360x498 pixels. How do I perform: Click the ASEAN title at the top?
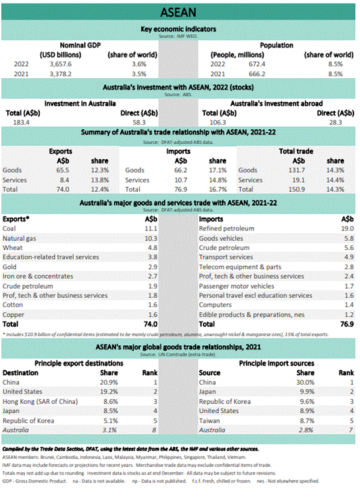pos(179,12)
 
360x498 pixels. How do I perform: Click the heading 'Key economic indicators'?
pos(178,28)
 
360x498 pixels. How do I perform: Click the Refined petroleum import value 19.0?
pos(346,229)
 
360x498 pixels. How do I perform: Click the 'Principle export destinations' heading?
pos(81,363)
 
